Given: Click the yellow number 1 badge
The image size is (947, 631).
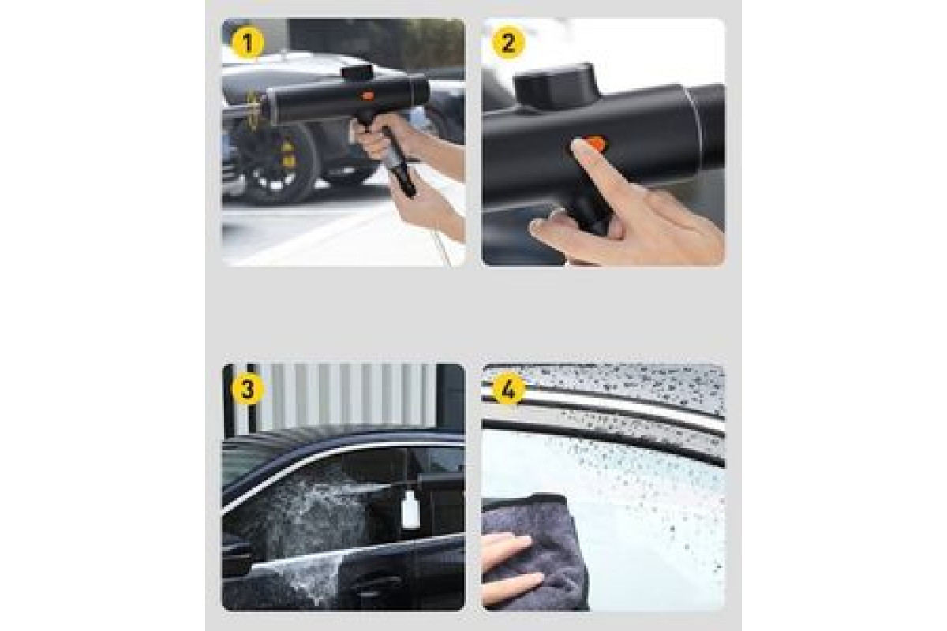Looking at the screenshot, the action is tap(248, 43).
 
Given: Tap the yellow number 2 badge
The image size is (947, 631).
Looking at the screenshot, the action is tap(508, 43).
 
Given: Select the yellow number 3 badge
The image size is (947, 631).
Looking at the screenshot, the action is tap(248, 388).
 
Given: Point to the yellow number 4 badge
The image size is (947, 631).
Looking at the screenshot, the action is tap(508, 388).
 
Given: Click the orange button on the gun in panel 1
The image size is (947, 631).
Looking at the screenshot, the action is tap(367, 96).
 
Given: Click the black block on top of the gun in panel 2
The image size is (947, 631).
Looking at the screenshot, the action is tap(555, 86).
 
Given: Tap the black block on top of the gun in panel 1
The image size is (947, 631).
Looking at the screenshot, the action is tap(357, 72).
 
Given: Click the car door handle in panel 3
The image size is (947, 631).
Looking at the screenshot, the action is tap(377, 581).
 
